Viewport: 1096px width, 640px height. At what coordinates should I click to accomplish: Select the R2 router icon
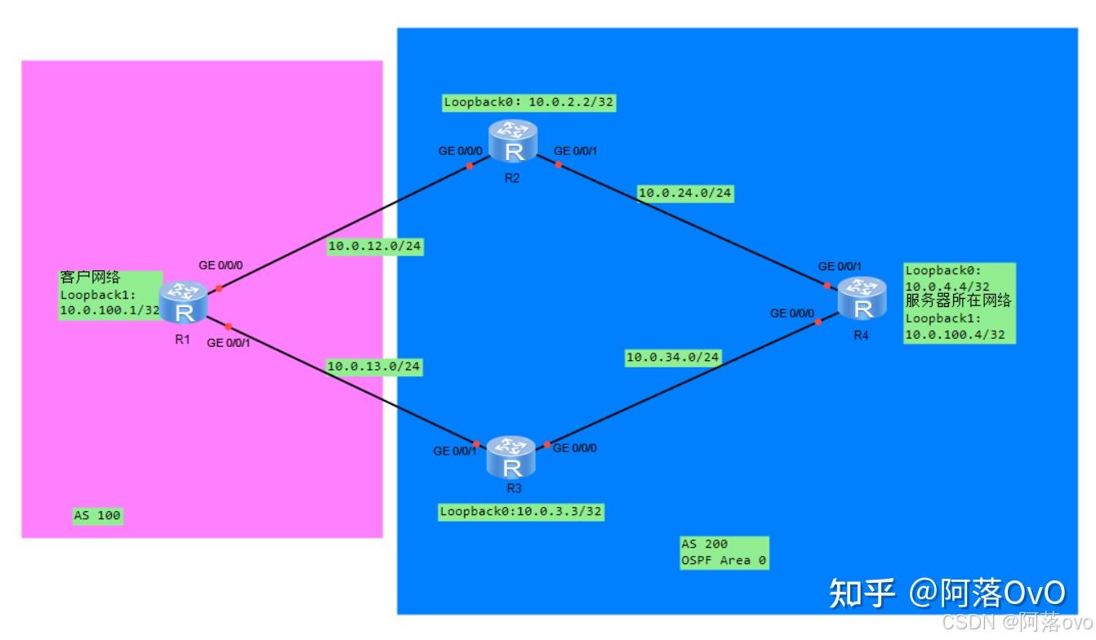pos(514,141)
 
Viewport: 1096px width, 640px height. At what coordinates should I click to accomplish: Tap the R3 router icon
pos(512,457)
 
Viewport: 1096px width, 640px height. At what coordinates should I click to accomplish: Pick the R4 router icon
pos(862,299)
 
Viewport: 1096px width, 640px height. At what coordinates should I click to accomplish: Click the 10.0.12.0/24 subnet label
pos(375,246)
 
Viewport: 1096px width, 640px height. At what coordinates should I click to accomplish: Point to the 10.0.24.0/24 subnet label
pos(685,193)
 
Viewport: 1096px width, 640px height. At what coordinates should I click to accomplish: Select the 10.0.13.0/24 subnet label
pos(373,367)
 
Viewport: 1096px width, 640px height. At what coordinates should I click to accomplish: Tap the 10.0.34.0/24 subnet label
pos(673,357)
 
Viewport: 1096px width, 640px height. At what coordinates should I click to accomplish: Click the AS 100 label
pos(97,516)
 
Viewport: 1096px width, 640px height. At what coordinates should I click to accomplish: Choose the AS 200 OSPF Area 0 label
pos(724,553)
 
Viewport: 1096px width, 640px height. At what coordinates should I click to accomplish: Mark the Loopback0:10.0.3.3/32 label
pos(522,512)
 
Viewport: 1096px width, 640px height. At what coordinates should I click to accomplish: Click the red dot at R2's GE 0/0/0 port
pos(470,166)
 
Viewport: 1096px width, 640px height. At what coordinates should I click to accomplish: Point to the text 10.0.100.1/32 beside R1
pos(109,309)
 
